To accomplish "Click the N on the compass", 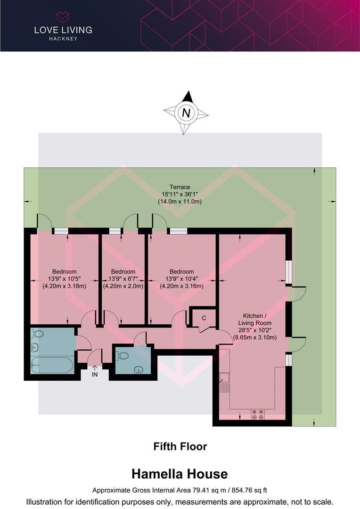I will [x=187, y=113].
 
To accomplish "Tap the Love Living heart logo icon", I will [x=63, y=17].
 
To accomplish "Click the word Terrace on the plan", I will [x=180, y=187].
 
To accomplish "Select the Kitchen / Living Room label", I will [x=254, y=319].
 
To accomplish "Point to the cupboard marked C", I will [x=204, y=318].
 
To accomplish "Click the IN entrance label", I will [x=94, y=374].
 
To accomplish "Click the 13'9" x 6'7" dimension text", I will [x=123, y=279].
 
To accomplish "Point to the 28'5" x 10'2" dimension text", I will [x=254, y=330].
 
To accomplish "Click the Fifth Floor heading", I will [x=180, y=446].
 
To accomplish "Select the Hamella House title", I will [x=180, y=474].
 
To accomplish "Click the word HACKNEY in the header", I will [x=63, y=39].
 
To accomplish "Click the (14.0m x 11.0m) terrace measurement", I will [x=180, y=201].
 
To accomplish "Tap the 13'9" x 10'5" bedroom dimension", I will [x=64, y=279].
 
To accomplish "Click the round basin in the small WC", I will [x=139, y=369].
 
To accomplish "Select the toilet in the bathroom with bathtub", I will [x=38, y=334].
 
